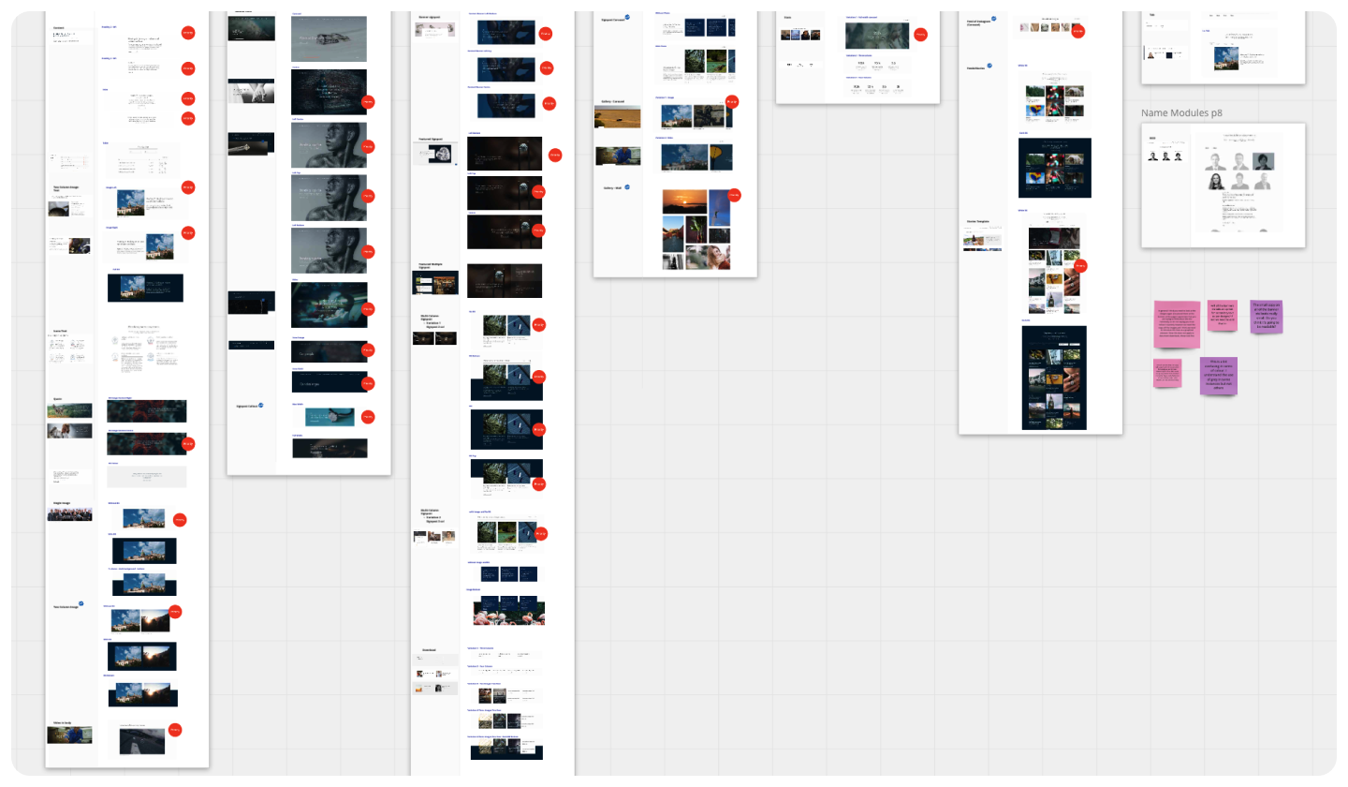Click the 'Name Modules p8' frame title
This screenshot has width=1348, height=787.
point(1181,113)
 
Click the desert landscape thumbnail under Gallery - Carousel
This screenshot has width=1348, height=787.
point(617,118)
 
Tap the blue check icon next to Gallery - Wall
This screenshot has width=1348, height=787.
point(627,187)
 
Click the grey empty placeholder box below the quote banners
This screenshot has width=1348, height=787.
point(146,477)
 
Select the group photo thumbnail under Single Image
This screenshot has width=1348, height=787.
point(69,512)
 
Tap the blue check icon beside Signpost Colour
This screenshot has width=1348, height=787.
point(261,406)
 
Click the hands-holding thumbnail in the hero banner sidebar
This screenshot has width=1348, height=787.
point(251,91)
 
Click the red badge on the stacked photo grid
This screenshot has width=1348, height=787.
point(1080,265)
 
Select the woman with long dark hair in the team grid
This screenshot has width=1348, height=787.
point(1215,182)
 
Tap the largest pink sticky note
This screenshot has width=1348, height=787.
point(1177,325)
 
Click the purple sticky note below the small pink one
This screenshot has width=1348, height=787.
point(1218,376)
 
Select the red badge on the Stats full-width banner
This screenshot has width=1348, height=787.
point(919,35)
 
